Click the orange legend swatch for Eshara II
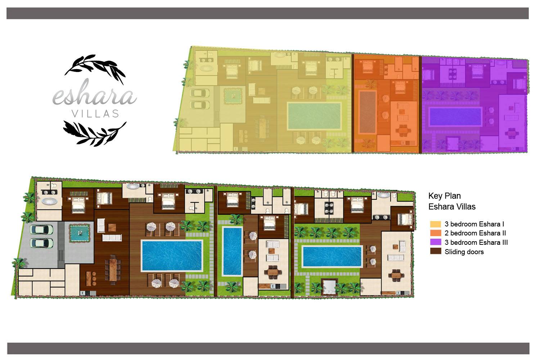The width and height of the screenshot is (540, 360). [435, 233]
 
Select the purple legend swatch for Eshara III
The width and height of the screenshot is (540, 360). [435, 242]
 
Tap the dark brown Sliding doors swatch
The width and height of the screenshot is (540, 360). [435, 251]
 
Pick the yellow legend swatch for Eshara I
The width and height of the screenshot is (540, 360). [435, 224]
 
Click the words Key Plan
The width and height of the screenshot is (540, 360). [445, 196]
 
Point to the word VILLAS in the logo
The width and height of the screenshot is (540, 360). [95, 113]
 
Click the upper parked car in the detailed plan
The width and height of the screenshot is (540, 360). [41, 229]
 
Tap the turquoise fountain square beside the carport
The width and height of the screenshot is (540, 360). [80, 233]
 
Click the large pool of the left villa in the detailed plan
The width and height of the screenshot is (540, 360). [172, 256]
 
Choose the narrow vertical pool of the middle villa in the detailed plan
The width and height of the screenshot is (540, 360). [233, 251]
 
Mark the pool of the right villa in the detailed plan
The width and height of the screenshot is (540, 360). [332, 256]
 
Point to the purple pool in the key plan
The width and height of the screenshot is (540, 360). [455, 117]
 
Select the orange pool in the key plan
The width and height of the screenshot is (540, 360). [368, 112]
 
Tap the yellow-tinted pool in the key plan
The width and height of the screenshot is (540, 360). [314, 116]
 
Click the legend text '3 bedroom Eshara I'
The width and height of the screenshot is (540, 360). [474, 224]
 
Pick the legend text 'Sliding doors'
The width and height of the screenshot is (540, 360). [464, 252]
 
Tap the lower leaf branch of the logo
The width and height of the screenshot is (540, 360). [95, 133]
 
